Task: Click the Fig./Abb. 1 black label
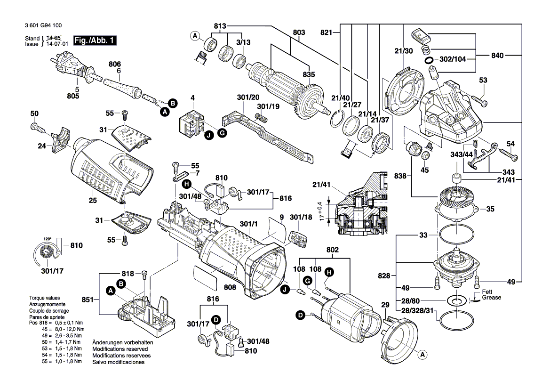(95, 41)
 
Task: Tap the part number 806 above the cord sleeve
(115, 64)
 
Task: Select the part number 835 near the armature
(308, 74)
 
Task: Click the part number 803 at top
(298, 32)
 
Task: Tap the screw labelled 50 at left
(37, 126)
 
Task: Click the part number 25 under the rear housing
(92, 201)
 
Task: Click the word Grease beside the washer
(491, 298)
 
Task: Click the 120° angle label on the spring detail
(48, 238)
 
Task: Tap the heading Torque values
(47, 298)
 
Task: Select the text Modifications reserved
(120, 349)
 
